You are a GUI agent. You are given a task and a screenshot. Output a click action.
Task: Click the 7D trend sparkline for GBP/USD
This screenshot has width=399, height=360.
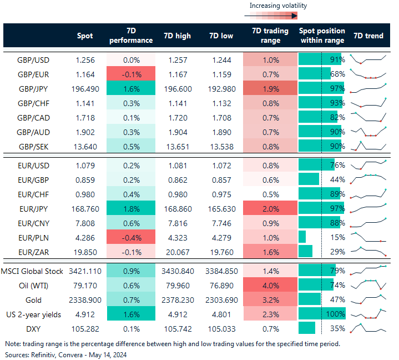coord(367,59)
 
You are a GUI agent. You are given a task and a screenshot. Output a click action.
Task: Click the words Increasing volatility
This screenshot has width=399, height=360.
coord(277,6)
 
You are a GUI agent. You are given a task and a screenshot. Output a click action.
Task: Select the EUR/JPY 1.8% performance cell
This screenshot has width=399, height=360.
coord(130,210)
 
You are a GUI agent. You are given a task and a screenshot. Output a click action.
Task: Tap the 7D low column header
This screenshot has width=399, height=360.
coord(221,36)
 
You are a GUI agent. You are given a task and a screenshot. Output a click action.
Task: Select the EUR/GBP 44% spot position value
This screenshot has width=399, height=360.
coord(337,180)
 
